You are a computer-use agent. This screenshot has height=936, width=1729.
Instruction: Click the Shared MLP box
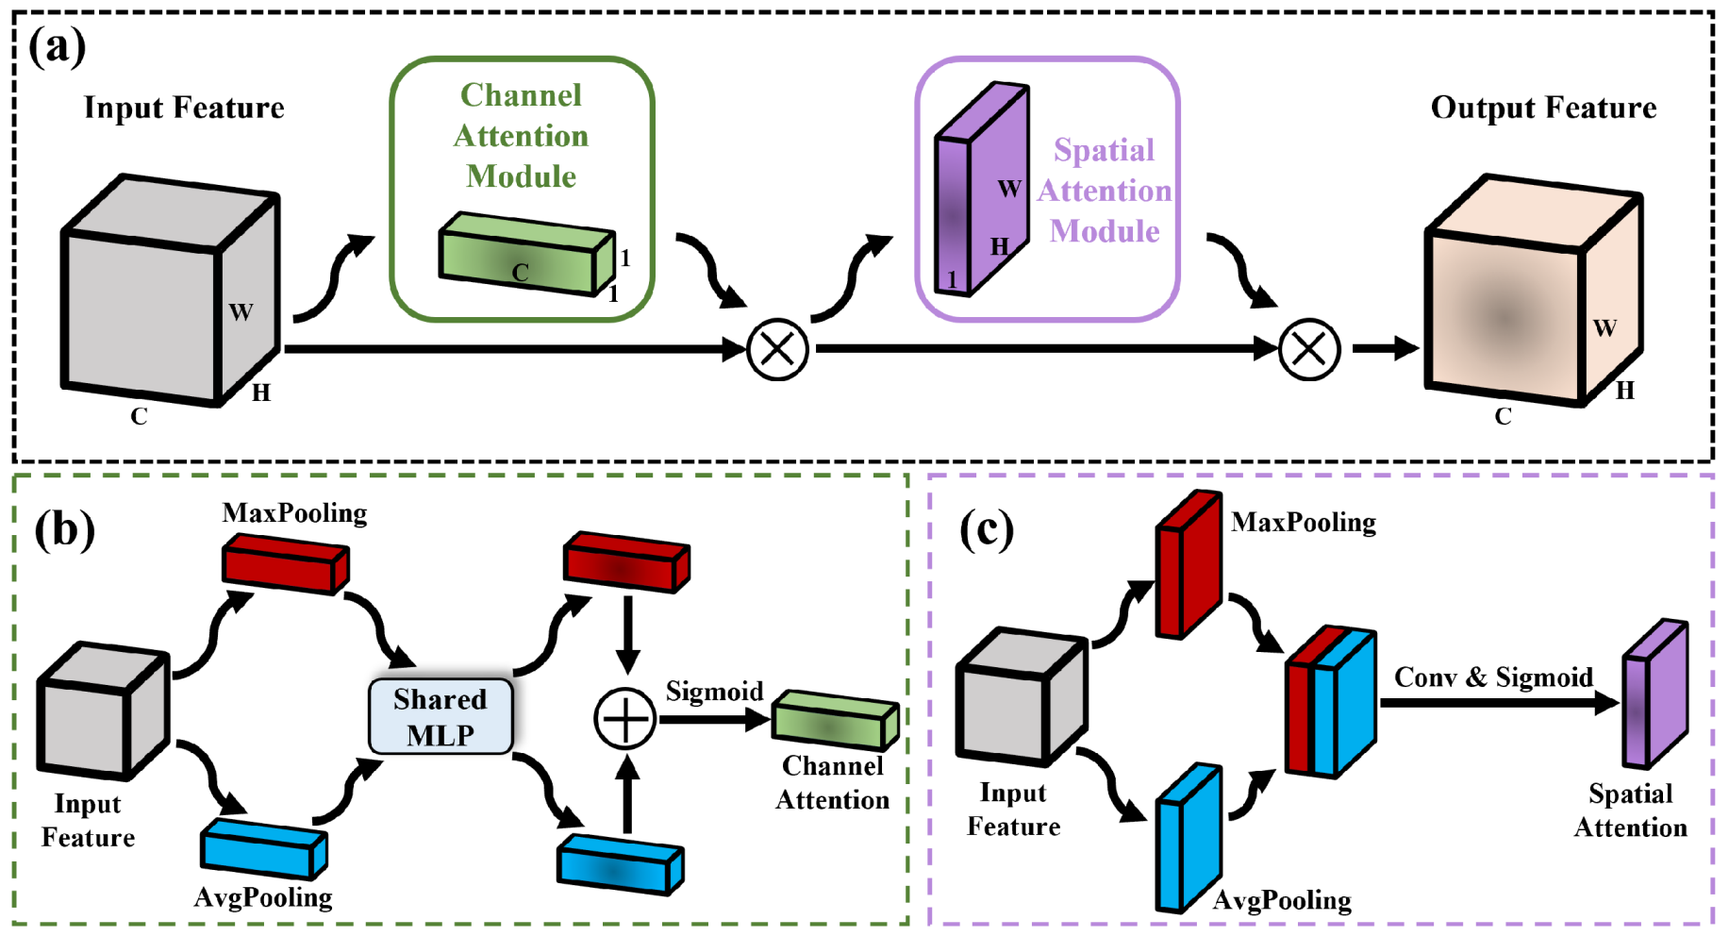coord(441,717)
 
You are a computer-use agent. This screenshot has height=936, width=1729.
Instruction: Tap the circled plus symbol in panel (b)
coord(624,719)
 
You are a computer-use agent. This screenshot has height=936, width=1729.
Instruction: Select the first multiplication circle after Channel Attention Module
coord(777,349)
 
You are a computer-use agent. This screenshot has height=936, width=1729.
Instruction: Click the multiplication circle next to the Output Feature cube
coord(1309,349)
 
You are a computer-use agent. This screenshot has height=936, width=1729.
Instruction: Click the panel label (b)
coord(64,529)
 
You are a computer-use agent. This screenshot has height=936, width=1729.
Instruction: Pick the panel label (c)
coord(986,529)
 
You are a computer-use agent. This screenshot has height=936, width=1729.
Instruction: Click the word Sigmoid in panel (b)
coord(714,692)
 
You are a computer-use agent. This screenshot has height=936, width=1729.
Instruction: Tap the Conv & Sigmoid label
coord(1493,677)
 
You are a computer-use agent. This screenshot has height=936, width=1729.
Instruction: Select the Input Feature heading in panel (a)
coord(184,109)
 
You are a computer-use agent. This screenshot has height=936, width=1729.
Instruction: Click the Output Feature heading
coord(1543,109)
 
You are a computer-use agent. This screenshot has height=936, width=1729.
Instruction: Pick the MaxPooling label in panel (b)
coord(294,513)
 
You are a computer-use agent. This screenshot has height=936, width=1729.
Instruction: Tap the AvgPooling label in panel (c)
coord(1282,901)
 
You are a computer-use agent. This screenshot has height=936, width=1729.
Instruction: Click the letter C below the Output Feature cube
coord(1503,416)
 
